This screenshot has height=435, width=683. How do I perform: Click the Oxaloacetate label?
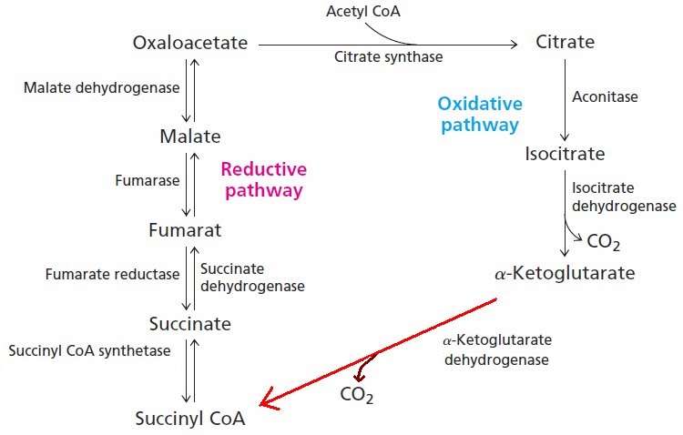(x=189, y=43)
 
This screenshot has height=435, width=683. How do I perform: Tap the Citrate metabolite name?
(x=565, y=43)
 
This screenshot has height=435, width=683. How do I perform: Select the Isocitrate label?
(x=565, y=153)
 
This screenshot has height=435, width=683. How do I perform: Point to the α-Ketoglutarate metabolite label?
(x=565, y=273)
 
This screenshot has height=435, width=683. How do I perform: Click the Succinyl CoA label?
(x=189, y=420)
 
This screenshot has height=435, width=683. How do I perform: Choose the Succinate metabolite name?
(x=189, y=324)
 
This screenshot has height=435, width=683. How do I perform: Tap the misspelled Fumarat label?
(x=185, y=231)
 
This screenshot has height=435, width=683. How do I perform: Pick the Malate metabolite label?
(x=189, y=137)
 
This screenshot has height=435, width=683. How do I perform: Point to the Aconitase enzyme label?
(x=605, y=96)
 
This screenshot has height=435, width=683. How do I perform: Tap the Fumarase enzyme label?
(x=147, y=180)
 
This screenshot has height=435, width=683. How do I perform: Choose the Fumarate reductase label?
(x=100, y=274)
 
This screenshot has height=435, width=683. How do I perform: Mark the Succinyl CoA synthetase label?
(x=87, y=350)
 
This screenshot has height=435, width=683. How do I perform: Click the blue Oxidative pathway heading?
(x=478, y=114)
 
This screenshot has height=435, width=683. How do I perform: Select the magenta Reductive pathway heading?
(x=263, y=179)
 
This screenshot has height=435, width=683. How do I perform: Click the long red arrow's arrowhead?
(x=266, y=400)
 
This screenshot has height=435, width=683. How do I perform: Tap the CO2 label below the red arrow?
(x=357, y=395)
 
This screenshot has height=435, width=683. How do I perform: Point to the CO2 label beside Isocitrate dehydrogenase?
(x=603, y=242)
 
